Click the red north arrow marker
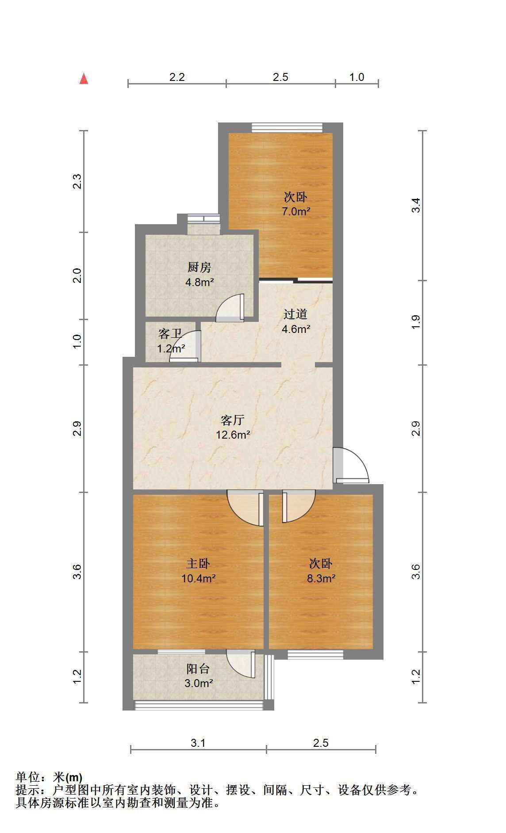[x=84, y=79]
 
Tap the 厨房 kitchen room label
[x=199, y=267]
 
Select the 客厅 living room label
[x=233, y=420]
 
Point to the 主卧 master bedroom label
[x=198, y=563]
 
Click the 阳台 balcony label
[x=198, y=669]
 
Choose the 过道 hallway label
[x=295, y=314]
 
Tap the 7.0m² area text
[x=296, y=211]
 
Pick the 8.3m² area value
[x=321, y=578]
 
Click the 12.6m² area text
[x=233, y=435]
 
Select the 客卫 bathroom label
[x=170, y=333]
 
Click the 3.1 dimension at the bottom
[x=198, y=743]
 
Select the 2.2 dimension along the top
[x=177, y=77]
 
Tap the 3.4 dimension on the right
[x=416, y=206]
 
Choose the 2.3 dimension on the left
[x=77, y=182]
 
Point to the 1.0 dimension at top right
[x=356, y=77]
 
